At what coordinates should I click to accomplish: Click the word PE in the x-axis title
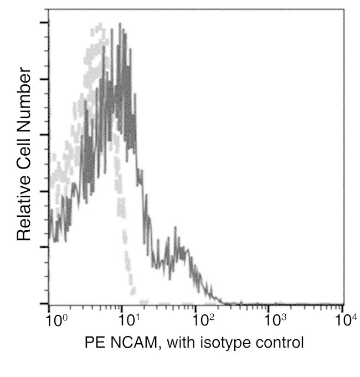tap(94, 342)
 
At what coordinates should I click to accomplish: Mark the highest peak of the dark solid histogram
tap(120, 24)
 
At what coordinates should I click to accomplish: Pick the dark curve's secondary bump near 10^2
tap(176, 228)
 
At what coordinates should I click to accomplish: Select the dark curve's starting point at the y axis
tap(50, 233)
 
